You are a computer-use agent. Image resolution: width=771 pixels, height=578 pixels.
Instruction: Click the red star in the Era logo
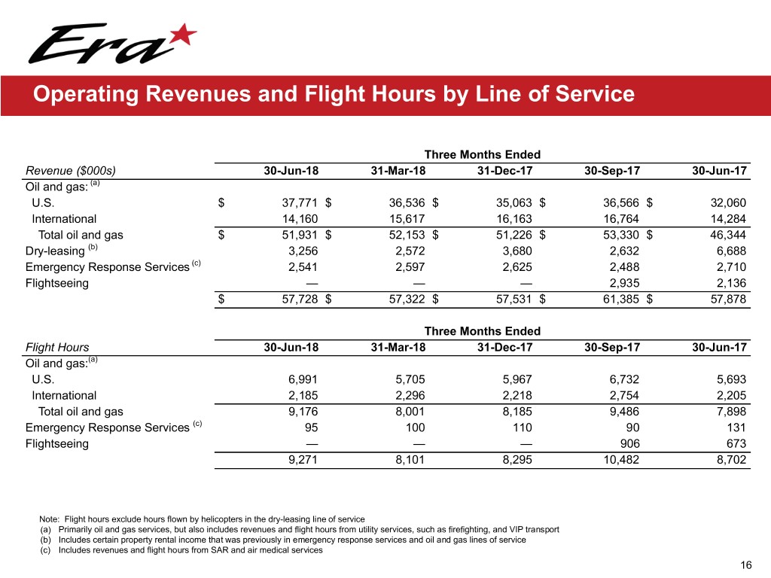[x=184, y=33]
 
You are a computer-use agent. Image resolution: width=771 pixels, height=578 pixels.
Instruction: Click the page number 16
[x=747, y=565]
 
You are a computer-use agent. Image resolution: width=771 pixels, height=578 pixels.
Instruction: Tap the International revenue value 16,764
[x=621, y=219]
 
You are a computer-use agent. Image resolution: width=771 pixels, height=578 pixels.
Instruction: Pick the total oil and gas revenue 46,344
[x=727, y=235]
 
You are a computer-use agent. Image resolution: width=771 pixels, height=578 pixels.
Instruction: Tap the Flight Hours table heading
[x=57, y=348]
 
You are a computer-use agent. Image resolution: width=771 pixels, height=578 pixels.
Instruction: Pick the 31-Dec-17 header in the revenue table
[x=505, y=171]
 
